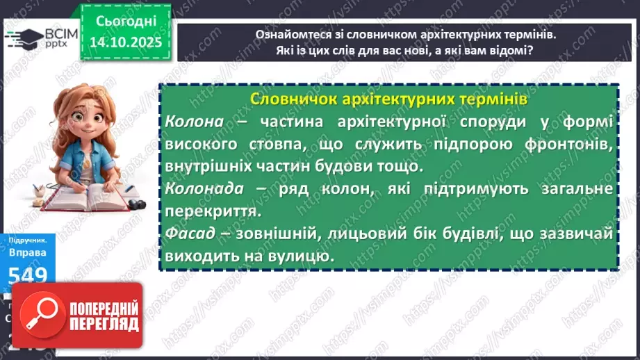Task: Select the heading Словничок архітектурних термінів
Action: (x=388, y=99)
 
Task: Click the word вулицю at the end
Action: (x=291, y=256)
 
